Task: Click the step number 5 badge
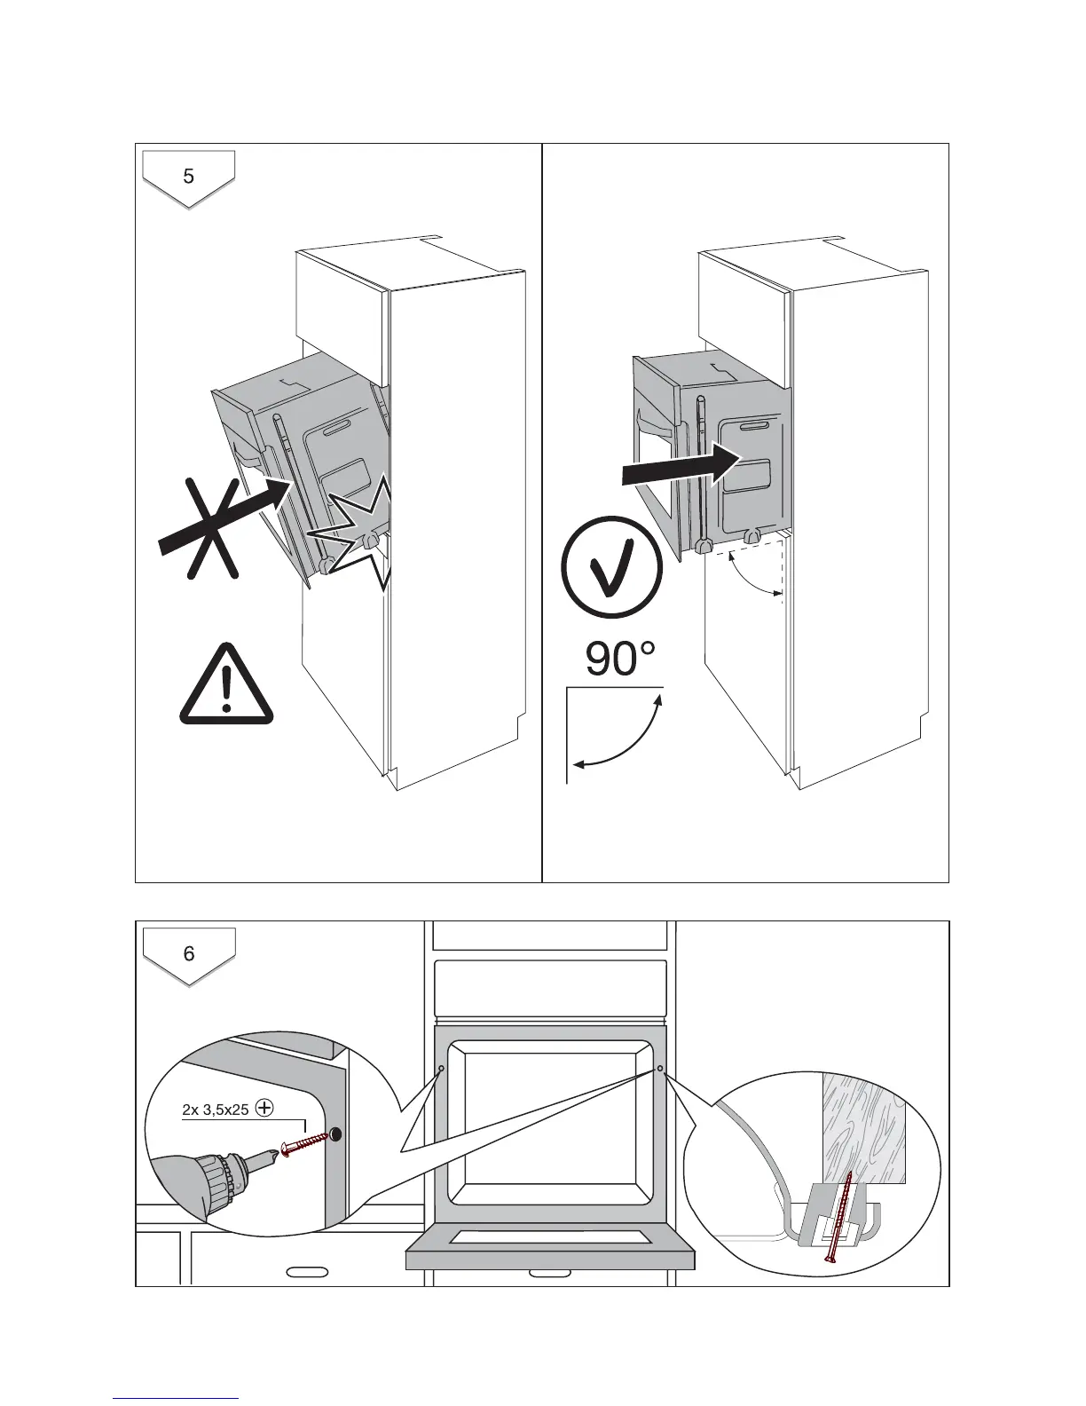pyautogui.click(x=189, y=177)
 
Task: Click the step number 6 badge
pyautogui.click(x=189, y=954)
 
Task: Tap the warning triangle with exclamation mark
pyautogui.click(x=227, y=685)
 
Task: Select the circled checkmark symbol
pyautogui.click(x=611, y=567)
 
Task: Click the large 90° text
pyautogui.click(x=620, y=660)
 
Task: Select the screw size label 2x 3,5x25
pyautogui.click(x=216, y=1110)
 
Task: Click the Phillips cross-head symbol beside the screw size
pyautogui.click(x=264, y=1108)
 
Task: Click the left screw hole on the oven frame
pyautogui.click(x=442, y=1068)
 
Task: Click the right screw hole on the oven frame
pyautogui.click(x=660, y=1068)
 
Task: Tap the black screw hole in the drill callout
pyautogui.click(x=336, y=1133)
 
